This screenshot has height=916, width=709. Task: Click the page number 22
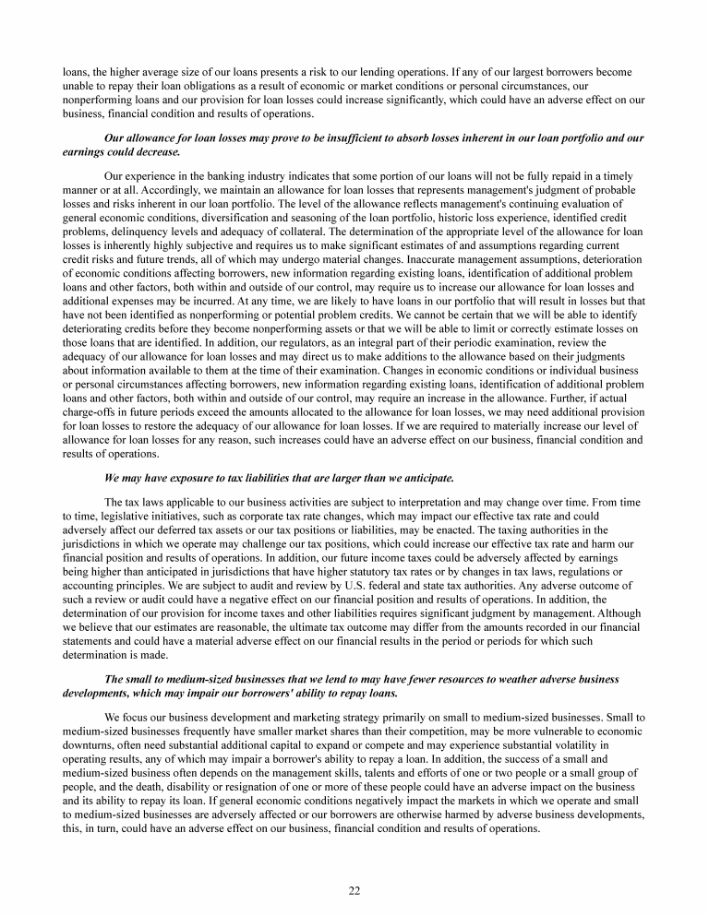(x=354, y=889)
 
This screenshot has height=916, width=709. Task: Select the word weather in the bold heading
(x=482, y=678)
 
